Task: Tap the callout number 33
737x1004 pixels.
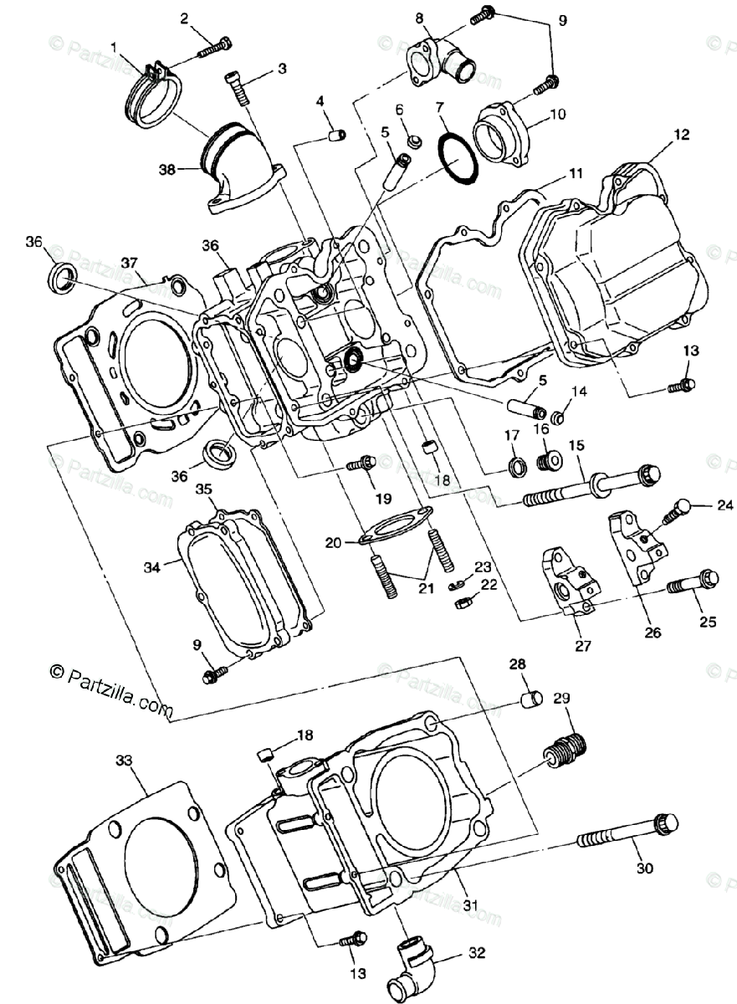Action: [124, 761]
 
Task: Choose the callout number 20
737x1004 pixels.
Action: [333, 543]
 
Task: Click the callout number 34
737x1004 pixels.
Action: [151, 567]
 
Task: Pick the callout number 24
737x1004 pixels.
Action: [724, 505]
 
